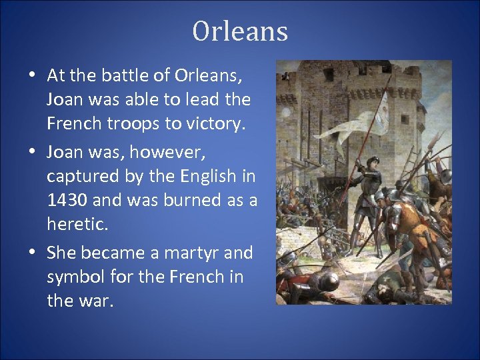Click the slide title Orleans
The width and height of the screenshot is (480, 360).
pos(240,31)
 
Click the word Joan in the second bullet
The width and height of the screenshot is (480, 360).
pos(65,153)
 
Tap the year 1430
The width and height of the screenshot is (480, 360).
pos(68,201)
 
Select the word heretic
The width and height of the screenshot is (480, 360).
pos(76,225)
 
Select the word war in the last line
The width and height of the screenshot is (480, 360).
pos(96,301)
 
